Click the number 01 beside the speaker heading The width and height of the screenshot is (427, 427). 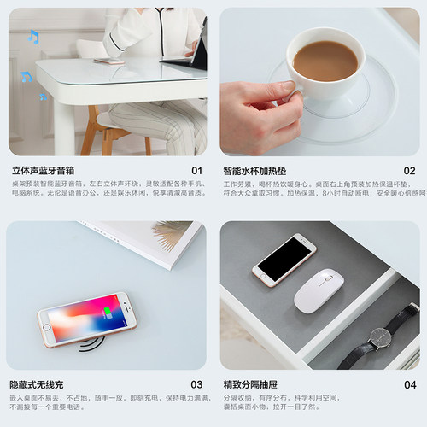(x=197, y=171)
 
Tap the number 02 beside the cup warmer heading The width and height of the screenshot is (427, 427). (x=410, y=171)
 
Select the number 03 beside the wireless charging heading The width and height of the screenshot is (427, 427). (x=197, y=385)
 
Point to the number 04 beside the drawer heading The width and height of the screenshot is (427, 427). (x=410, y=385)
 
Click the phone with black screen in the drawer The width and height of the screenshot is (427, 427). (x=284, y=260)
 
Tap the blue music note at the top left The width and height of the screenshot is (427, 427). (x=33, y=37)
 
